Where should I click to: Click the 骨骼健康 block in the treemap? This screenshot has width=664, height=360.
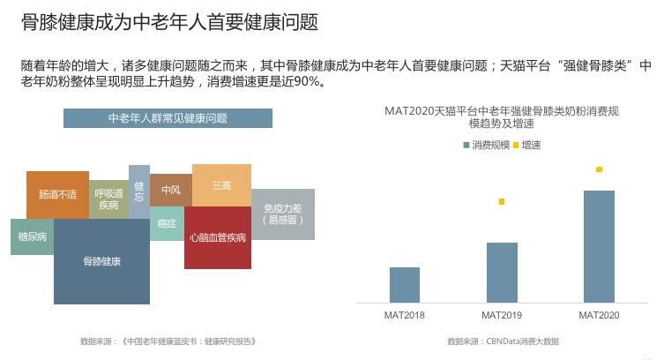pos(101,261)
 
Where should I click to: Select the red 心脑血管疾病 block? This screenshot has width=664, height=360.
pos(217,237)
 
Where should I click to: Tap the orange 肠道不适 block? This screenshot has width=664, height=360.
pos(57,194)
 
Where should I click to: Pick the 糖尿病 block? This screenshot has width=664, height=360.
pos(32,236)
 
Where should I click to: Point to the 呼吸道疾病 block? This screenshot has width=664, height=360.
pos(108,199)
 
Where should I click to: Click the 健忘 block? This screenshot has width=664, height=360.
pos(139,191)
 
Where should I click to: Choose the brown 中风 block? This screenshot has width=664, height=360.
pos(170,190)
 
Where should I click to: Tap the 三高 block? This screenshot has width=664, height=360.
pos(221,185)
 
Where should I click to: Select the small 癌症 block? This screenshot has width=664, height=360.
pos(167,224)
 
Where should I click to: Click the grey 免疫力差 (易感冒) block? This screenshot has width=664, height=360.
pos(282,214)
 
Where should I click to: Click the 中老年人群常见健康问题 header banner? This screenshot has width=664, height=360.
pos(168,118)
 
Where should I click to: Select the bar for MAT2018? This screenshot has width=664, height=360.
pos(405,284)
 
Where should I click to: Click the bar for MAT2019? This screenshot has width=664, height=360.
pos(502,272)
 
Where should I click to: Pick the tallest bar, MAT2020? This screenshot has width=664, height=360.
pos(599,246)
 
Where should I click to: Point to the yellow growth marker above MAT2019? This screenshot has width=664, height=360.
pos(502,202)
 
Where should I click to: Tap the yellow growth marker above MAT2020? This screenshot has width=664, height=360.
pos(599,169)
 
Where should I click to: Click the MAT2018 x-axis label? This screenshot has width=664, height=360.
pos(405,315)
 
